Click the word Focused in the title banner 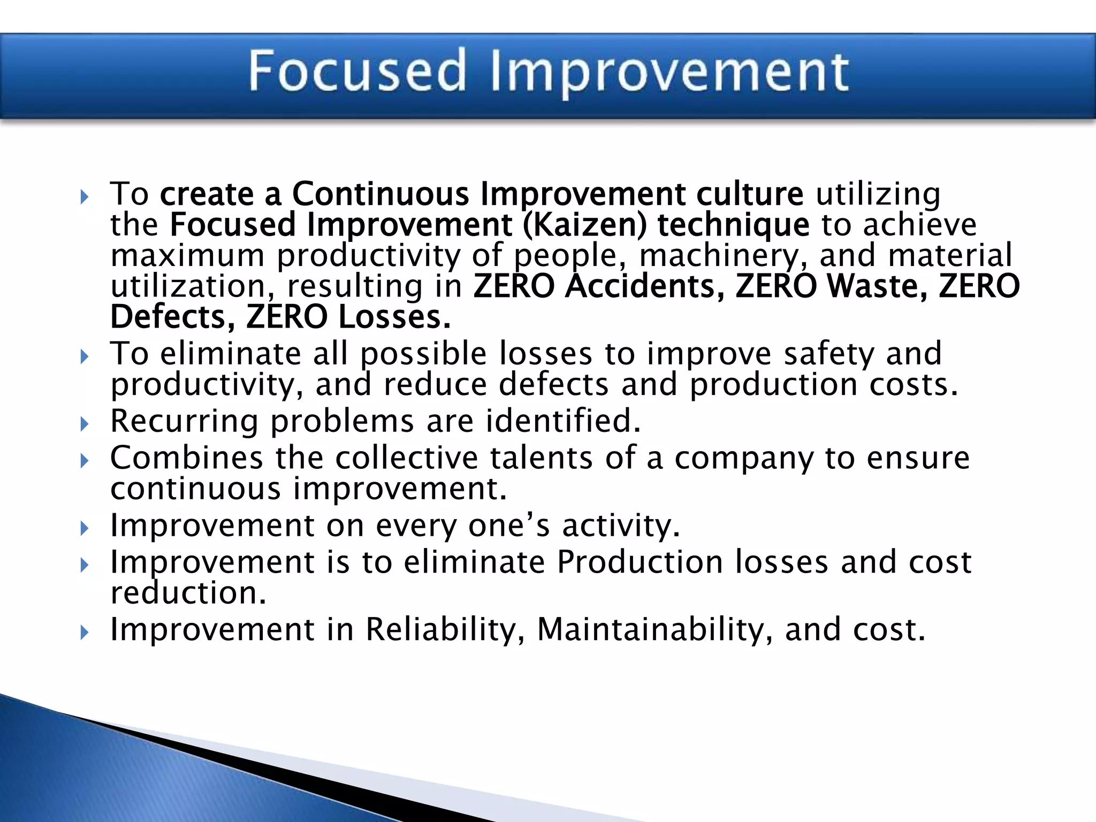click(x=357, y=71)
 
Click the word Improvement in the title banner click(x=669, y=72)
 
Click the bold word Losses click(x=395, y=317)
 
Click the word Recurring click(x=184, y=421)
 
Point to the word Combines click(x=187, y=458)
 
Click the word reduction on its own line click(x=187, y=593)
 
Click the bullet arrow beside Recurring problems click(x=84, y=424)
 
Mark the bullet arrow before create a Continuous click(x=84, y=197)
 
